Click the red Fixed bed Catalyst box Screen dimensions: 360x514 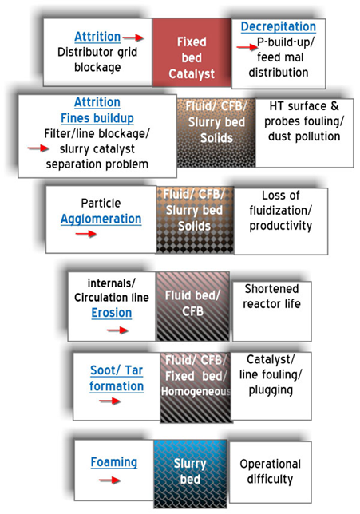click(192, 53)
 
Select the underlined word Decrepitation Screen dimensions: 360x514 click(279, 27)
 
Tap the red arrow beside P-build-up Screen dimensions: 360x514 click(247, 48)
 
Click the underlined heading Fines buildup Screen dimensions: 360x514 click(97, 118)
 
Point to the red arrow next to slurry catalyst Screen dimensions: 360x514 click(38, 148)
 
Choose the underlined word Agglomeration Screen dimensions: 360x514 click(101, 219)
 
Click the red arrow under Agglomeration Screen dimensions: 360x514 click(86, 234)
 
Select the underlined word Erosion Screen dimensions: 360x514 click(112, 313)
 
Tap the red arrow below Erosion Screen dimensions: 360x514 click(117, 330)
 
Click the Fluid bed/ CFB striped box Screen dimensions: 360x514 click(193, 306)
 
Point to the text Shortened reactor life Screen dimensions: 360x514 click(271, 296)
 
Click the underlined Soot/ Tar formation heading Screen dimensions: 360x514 click(117, 378)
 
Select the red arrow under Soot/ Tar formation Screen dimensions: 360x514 click(110, 401)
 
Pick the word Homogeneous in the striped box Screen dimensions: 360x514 click(196, 391)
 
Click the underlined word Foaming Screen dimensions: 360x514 click(114, 462)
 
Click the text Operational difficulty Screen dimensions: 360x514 click(270, 472)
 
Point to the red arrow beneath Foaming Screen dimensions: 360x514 click(109, 480)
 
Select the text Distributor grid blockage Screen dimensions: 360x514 click(97, 60)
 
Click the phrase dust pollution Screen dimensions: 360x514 click(304, 136)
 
